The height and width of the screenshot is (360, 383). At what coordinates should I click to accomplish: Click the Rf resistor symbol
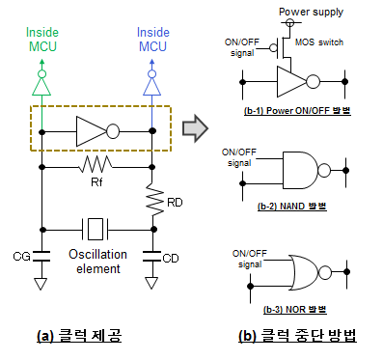point(96,164)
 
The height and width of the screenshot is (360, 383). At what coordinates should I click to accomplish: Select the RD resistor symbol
point(155,200)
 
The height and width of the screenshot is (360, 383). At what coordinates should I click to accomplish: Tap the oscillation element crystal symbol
point(96,229)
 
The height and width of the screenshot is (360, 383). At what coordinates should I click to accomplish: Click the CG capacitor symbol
point(41,256)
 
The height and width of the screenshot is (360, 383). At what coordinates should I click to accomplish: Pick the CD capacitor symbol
point(151,256)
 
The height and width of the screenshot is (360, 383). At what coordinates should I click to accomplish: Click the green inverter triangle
point(41,87)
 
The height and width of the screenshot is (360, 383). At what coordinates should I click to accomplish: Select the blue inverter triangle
point(151,87)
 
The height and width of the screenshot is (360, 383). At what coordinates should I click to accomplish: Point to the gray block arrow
point(195,128)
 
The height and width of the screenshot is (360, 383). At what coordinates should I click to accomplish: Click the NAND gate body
point(300,170)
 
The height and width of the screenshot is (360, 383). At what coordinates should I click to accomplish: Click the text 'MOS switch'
point(319,42)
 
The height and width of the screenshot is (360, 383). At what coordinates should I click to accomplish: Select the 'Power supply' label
point(311,12)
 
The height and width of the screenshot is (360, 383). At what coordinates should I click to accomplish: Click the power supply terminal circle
point(290,22)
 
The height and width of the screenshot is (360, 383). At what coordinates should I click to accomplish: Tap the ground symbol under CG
point(41,284)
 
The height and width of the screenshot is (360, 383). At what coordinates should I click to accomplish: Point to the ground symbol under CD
point(151,283)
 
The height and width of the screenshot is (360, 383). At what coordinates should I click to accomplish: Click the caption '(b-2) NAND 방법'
point(292,206)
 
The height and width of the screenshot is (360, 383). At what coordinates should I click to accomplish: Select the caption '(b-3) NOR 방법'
point(295,310)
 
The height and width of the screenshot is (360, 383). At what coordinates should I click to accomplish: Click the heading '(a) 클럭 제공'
point(79,336)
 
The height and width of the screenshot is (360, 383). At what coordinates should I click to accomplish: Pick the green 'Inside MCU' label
point(42,40)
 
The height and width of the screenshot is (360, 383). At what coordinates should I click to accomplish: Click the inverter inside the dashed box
point(97,131)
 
